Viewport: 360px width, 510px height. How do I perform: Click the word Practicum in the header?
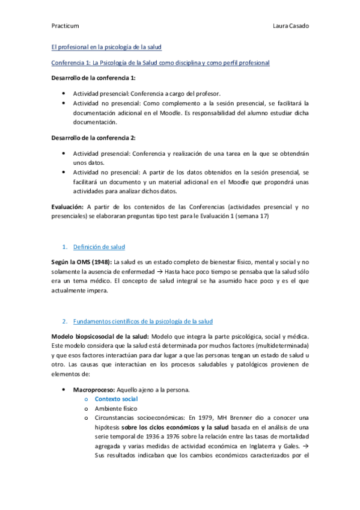click(x=64, y=26)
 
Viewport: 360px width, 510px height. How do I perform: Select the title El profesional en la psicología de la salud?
click(x=106, y=47)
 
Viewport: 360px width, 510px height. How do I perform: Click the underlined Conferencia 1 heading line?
click(x=160, y=63)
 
